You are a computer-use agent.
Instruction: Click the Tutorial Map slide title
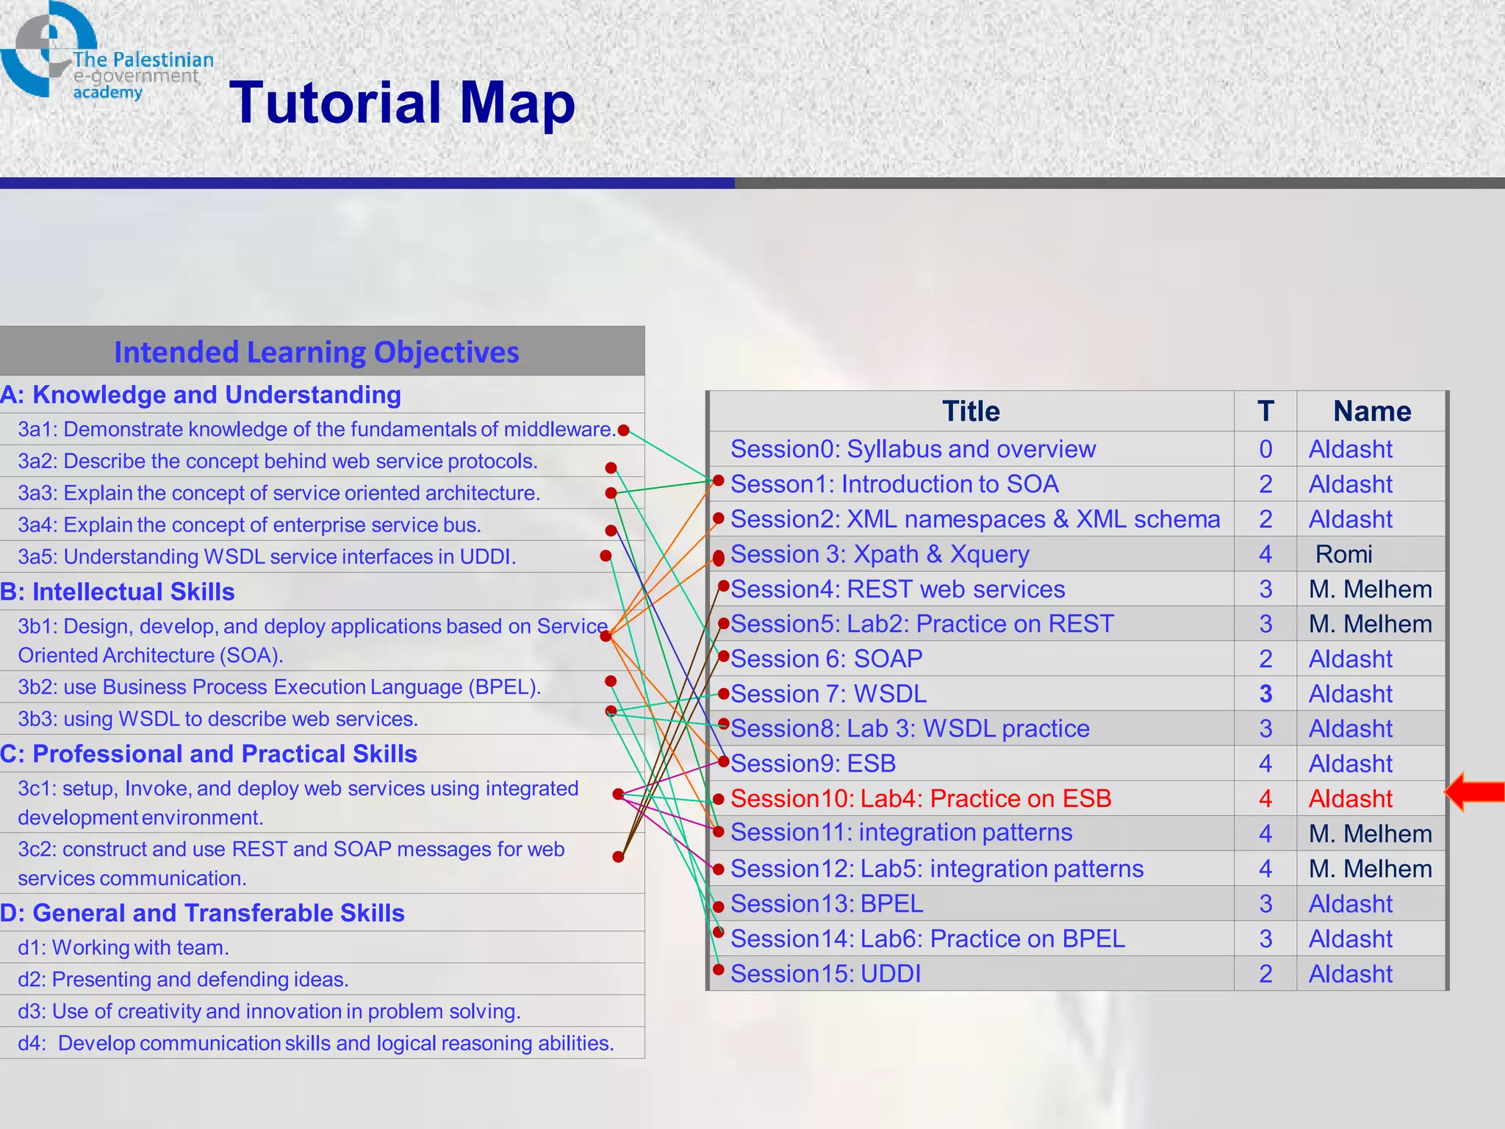coord(402,103)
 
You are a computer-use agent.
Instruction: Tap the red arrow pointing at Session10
coord(1475,792)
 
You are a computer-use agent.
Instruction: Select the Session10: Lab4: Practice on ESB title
coord(920,798)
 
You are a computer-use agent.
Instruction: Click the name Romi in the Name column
coord(1343,554)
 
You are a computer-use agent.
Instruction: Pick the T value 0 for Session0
coord(1265,449)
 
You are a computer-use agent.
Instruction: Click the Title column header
coord(970,412)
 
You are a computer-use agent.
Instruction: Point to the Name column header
coord(1371,412)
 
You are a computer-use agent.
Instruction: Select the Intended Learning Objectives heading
coord(316,352)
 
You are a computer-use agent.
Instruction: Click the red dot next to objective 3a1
coord(623,430)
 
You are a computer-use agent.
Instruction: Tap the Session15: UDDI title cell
coord(825,974)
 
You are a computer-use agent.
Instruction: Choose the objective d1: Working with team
coord(123,947)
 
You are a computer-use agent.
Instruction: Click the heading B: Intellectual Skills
coord(118,592)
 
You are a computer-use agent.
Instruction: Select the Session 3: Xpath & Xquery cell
coord(879,554)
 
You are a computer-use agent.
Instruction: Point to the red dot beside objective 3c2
coord(618,856)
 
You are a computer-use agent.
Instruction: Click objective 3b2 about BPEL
coord(279,687)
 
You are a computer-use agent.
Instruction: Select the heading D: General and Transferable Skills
coord(202,913)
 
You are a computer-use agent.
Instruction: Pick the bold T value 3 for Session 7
coord(1265,694)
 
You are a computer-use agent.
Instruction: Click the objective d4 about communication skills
coord(316,1043)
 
